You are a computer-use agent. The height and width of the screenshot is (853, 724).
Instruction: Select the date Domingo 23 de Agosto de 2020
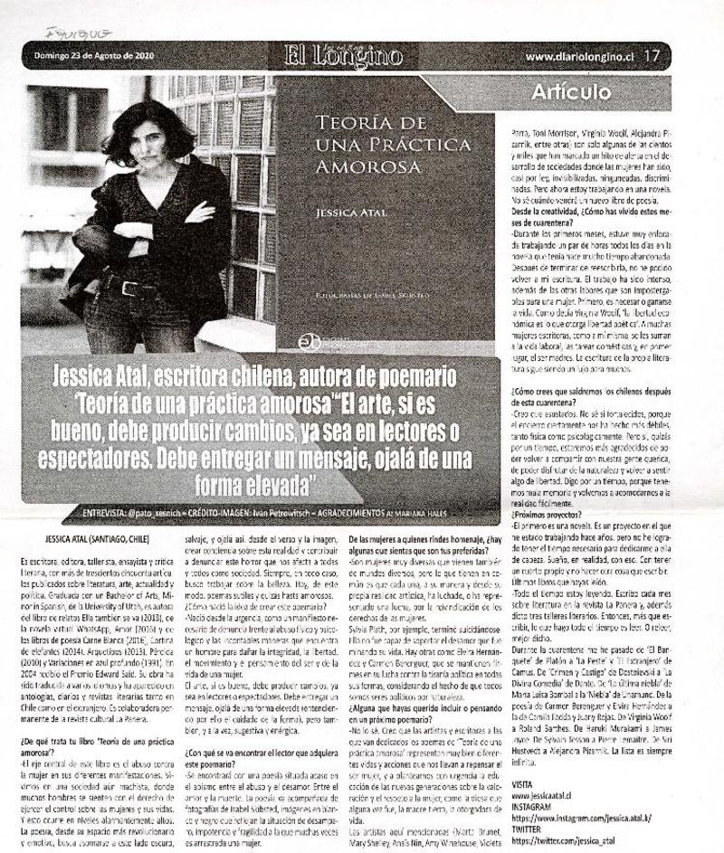click(88, 55)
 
